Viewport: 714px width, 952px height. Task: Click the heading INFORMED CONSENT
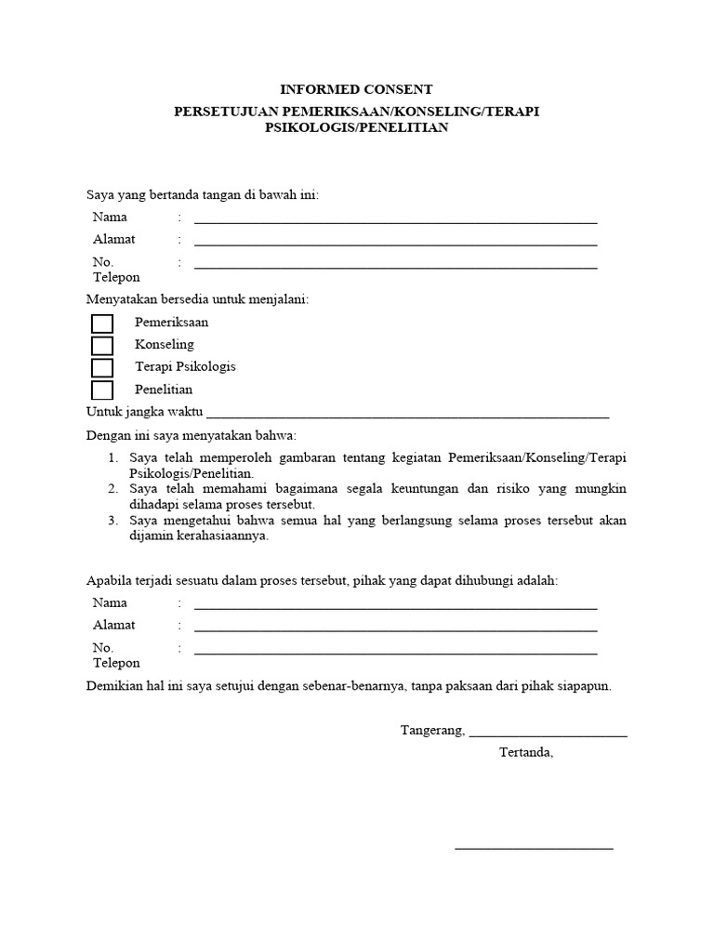[x=357, y=90]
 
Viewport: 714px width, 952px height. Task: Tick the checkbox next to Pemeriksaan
[x=102, y=324]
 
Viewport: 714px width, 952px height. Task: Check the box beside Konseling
[x=102, y=346]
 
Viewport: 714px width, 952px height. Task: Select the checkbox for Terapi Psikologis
[x=102, y=368]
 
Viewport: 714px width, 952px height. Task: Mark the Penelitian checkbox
[x=102, y=390]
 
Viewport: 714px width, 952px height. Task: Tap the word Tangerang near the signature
[x=432, y=731]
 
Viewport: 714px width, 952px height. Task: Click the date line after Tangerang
[x=549, y=734]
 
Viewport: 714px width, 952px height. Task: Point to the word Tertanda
[x=525, y=752]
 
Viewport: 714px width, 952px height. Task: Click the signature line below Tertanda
[x=534, y=847]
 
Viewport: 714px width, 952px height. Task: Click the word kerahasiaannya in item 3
[x=224, y=535]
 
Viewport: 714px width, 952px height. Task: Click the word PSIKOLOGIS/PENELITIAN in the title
[x=357, y=128]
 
